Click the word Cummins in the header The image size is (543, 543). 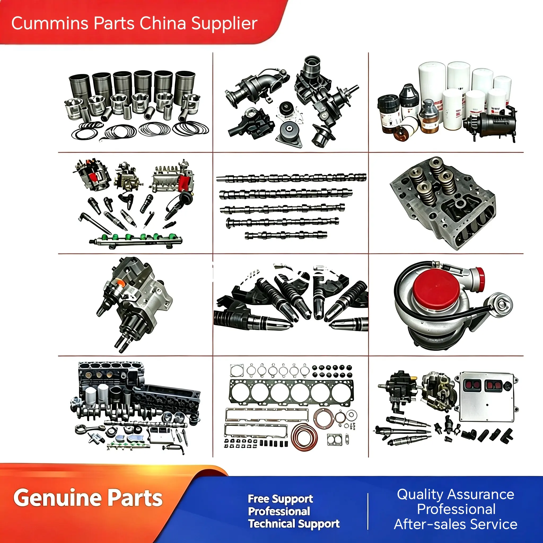point(50,23)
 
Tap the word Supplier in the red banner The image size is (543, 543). point(224,24)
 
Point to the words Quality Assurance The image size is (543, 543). point(455,495)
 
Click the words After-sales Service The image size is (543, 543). point(455,524)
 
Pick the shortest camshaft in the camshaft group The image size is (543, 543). point(286,235)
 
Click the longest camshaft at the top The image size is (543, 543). point(291,178)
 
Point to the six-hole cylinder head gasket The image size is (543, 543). point(291,393)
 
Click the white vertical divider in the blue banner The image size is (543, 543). point(368,511)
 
